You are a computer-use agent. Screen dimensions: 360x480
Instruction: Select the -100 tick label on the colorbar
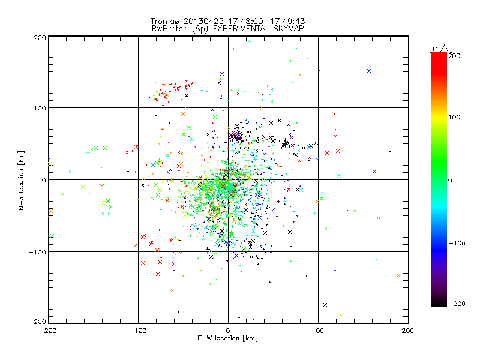point(457,243)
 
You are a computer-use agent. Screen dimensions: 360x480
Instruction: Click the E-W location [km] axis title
point(228,339)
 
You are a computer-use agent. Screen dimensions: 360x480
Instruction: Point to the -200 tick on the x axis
point(48,330)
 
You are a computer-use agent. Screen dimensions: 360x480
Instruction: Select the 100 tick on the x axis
point(318,330)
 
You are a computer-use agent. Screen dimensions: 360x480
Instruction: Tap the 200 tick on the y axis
point(39,37)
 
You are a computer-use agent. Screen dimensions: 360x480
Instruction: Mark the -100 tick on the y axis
point(37,252)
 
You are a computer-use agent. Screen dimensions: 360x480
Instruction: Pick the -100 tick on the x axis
point(138,330)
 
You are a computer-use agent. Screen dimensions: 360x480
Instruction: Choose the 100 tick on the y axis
point(39,108)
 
